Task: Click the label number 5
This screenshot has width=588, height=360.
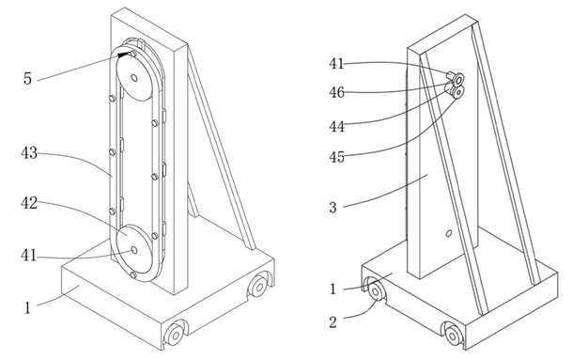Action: (x=27, y=78)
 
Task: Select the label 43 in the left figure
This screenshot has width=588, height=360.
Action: (x=29, y=153)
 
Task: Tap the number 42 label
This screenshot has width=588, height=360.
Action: (x=29, y=203)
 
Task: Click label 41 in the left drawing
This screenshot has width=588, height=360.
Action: (x=29, y=256)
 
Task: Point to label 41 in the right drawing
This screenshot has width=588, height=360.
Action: (x=336, y=63)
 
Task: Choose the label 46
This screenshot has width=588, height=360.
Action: (x=336, y=92)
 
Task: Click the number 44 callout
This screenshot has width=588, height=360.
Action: (x=336, y=127)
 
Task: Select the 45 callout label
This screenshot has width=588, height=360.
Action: (x=336, y=157)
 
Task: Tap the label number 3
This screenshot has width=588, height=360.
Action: (x=333, y=207)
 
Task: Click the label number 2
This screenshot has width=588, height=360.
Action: (x=333, y=322)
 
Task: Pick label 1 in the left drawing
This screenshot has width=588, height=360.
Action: (x=27, y=307)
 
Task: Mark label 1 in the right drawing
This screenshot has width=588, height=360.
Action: (x=333, y=290)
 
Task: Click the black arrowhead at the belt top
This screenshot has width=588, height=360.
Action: (x=124, y=55)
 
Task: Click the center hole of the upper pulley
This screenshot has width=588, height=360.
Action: (x=134, y=78)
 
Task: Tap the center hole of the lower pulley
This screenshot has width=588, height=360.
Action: (x=134, y=250)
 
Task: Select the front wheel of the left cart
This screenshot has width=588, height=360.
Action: (x=175, y=335)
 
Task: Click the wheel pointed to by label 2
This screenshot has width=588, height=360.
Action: (x=375, y=291)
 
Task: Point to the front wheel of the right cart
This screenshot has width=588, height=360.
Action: (x=453, y=334)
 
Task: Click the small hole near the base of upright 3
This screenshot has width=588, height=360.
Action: (x=448, y=233)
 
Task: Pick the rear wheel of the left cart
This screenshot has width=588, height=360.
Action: (x=258, y=288)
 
